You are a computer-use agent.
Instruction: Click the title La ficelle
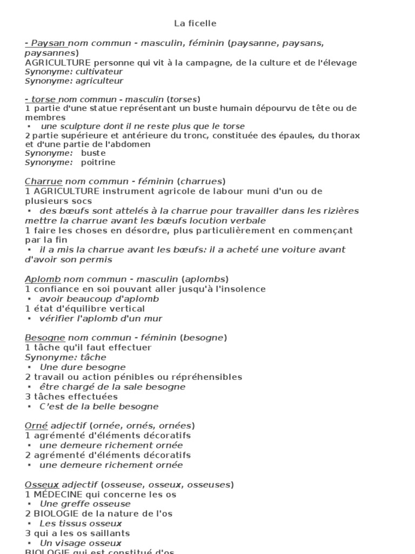[195, 23]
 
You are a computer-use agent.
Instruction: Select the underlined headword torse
[44, 99]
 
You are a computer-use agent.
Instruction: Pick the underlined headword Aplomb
[43, 279]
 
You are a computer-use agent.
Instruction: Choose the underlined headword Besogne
[45, 338]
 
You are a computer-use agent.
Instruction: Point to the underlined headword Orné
[36, 426]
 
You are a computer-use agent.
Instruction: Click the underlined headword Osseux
[42, 484]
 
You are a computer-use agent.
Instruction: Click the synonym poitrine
[98, 162]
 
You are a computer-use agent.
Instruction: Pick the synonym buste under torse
[93, 153]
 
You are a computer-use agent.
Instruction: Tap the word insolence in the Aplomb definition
[242, 289]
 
